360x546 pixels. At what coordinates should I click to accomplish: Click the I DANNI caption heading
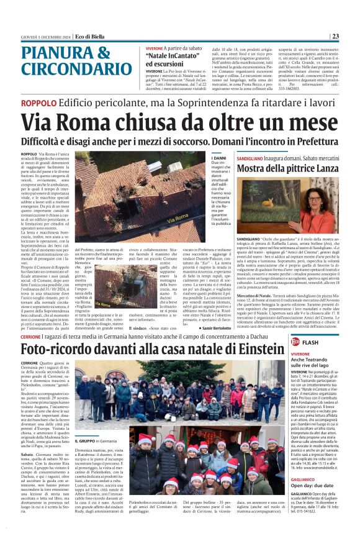202,158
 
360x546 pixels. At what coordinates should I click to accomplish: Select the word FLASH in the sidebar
311,342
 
